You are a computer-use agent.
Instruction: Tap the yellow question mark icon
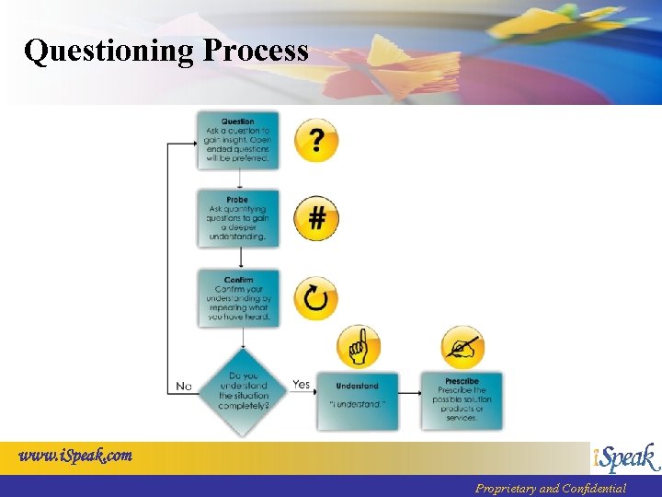pyautogui.click(x=316, y=141)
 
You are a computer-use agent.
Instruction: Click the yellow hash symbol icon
pyautogui.click(x=316, y=219)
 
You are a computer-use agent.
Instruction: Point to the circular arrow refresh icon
pyautogui.click(x=316, y=298)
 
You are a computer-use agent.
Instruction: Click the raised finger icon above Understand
pyautogui.click(x=359, y=347)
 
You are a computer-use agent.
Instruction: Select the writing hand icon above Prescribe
pyautogui.click(x=463, y=347)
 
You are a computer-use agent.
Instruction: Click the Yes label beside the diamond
pyautogui.click(x=301, y=385)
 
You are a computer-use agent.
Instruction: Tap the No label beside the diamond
pyautogui.click(x=184, y=387)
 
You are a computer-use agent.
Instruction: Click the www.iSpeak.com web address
pyautogui.click(x=76, y=455)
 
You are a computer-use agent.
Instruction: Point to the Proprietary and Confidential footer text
pyautogui.click(x=550, y=489)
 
